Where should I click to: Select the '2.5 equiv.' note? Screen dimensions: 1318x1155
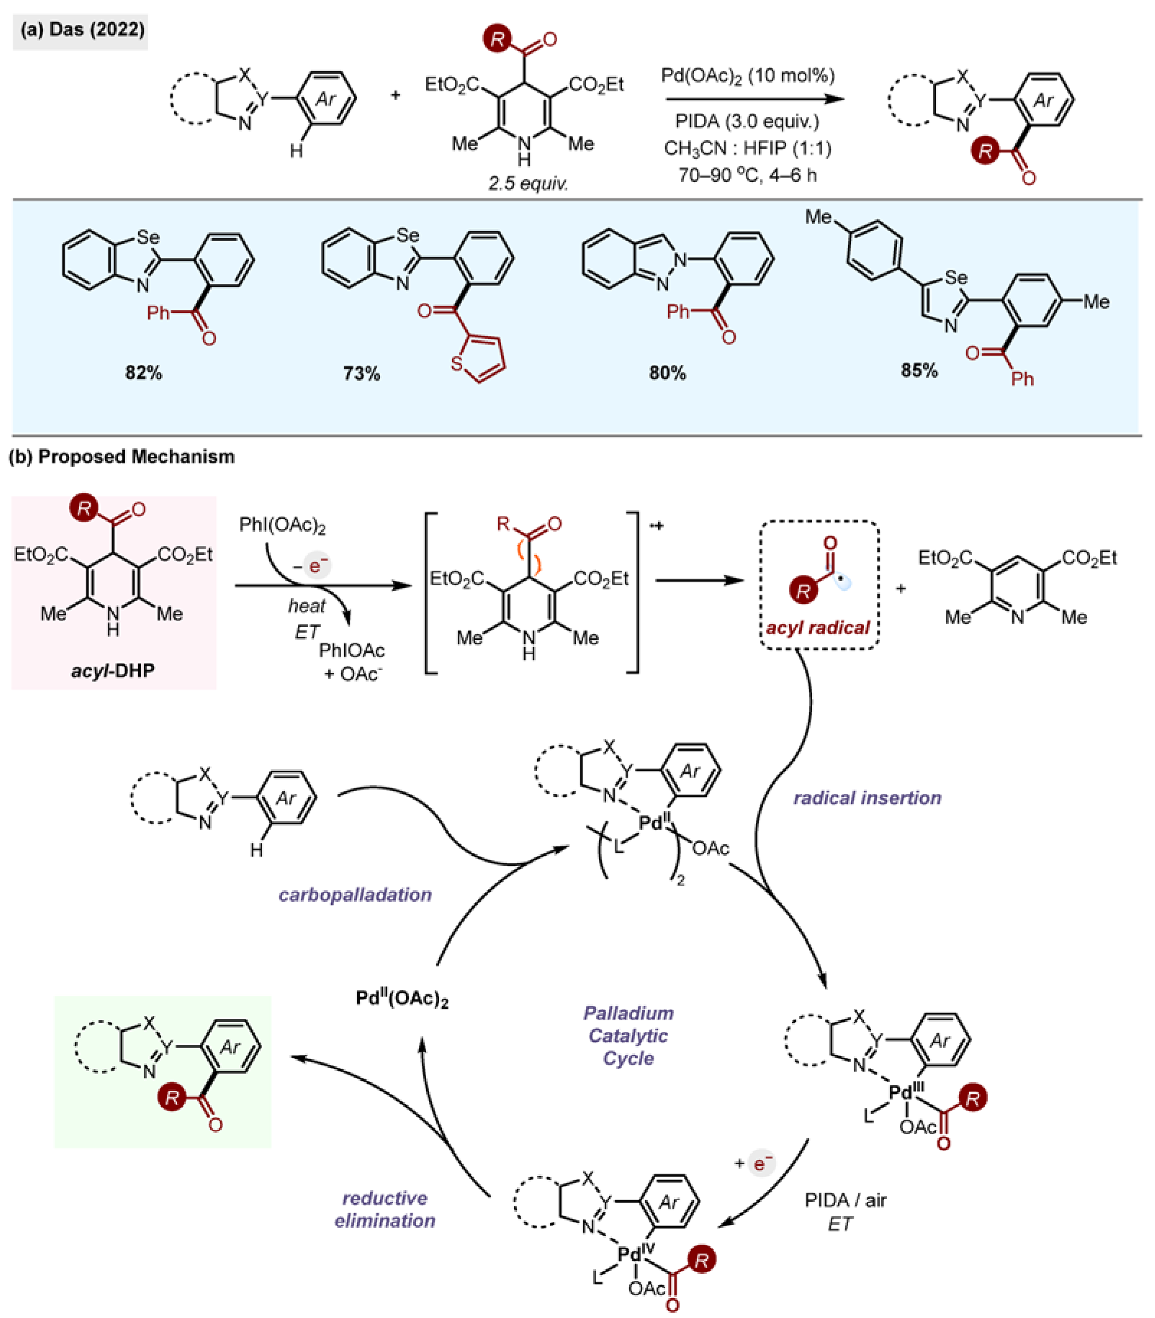pos(528,184)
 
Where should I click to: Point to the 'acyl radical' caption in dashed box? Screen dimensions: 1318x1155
pos(817,627)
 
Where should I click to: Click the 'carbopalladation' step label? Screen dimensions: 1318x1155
pos(355,895)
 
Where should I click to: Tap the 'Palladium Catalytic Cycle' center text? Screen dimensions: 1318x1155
pos(628,1036)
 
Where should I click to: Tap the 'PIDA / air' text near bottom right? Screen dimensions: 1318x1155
pos(845,1200)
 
